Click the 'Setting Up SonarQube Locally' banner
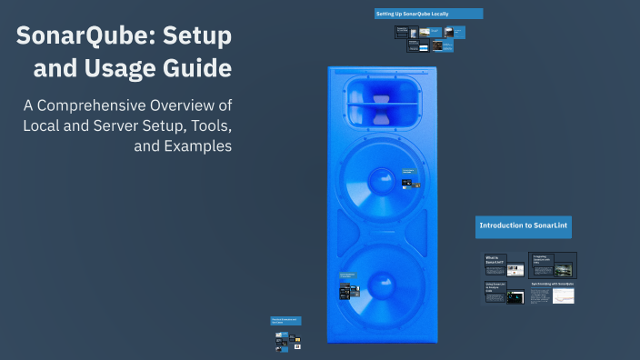click(428, 14)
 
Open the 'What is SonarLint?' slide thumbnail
click(504, 265)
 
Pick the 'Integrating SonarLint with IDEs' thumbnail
click(553, 265)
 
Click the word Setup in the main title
click(197, 37)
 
